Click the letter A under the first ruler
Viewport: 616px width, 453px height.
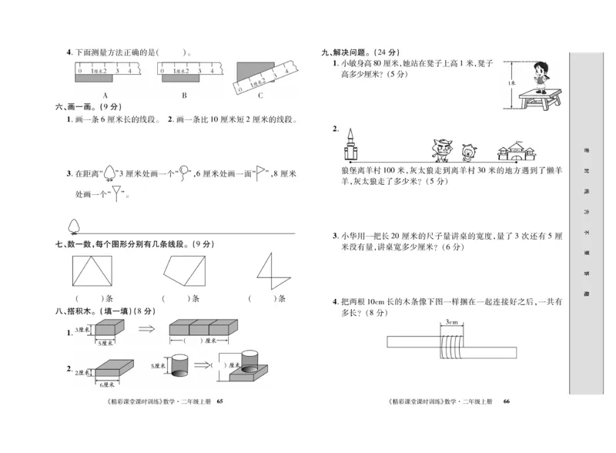pos(104,95)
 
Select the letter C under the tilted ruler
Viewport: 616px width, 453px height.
pos(259,95)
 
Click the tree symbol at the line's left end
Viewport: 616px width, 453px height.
pos(75,224)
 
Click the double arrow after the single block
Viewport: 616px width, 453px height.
pos(146,329)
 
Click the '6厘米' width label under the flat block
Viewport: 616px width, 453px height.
pos(106,383)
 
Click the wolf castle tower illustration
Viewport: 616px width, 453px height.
pos(353,143)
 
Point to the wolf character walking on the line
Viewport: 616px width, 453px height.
pos(441,146)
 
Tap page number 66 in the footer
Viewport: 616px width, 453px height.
pos(506,401)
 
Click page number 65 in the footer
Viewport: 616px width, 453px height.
pos(219,401)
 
